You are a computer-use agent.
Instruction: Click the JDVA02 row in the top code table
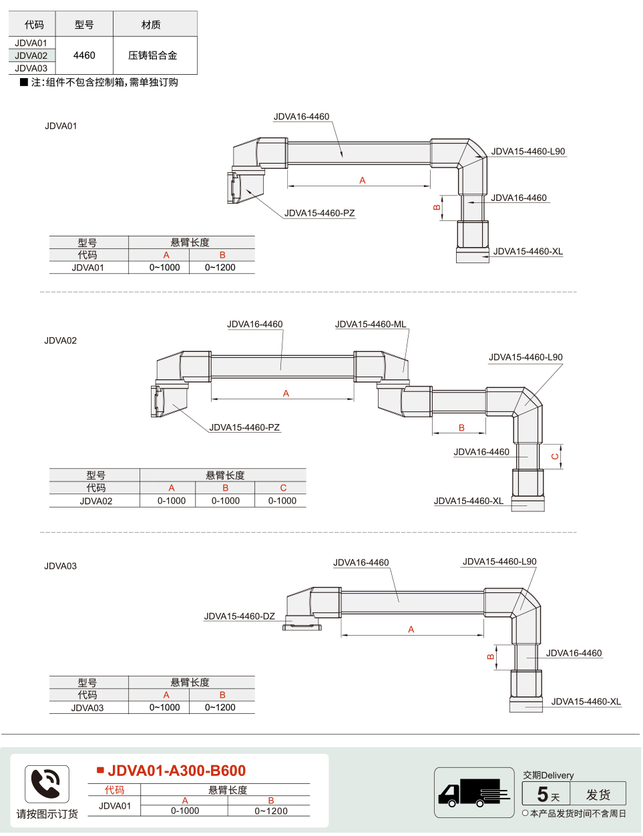pyautogui.click(x=31, y=55)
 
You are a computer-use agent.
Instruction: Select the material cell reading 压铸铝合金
pyautogui.click(x=152, y=55)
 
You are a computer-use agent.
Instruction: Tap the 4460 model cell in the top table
pyautogui.click(x=84, y=55)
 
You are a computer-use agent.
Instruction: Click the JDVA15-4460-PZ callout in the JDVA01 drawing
pyautogui.click(x=319, y=213)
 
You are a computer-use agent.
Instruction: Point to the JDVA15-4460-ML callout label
pyautogui.click(x=371, y=324)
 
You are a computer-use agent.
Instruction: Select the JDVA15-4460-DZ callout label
pyautogui.click(x=239, y=616)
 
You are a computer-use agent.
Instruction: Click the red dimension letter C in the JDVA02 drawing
pyautogui.click(x=555, y=456)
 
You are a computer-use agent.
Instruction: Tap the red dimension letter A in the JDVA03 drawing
pyautogui.click(x=411, y=630)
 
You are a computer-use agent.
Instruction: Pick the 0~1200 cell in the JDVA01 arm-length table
pyautogui.click(x=220, y=267)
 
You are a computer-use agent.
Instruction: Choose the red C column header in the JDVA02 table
pyautogui.click(x=283, y=488)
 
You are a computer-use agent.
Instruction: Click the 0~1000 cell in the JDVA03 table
pyautogui.click(x=165, y=707)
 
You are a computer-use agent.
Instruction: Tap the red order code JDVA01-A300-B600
pyautogui.click(x=176, y=771)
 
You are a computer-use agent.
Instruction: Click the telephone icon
pyautogui.click(x=47, y=784)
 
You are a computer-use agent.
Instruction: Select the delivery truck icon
pyautogui.click(x=474, y=793)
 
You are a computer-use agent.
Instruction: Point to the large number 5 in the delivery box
pyautogui.click(x=542, y=794)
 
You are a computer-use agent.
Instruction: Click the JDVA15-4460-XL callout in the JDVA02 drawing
pyautogui.click(x=469, y=501)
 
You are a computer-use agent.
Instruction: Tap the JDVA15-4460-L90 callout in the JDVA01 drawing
pyautogui.click(x=528, y=151)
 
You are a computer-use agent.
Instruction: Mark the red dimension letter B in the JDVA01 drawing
pyautogui.click(x=437, y=208)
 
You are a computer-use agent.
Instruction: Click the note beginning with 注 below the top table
pyautogui.click(x=99, y=82)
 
